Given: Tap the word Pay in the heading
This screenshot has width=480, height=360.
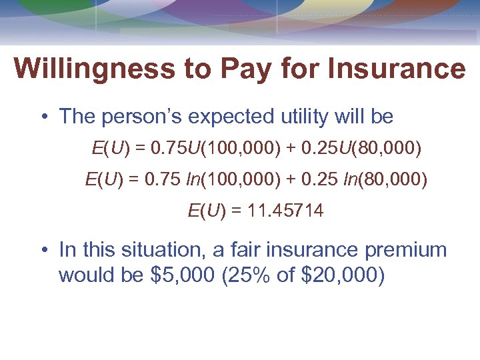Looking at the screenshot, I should click(x=258, y=69).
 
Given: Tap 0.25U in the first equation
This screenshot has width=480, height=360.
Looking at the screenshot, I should click(x=316, y=148).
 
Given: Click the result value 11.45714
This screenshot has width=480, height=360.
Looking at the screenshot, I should click(x=286, y=211).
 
